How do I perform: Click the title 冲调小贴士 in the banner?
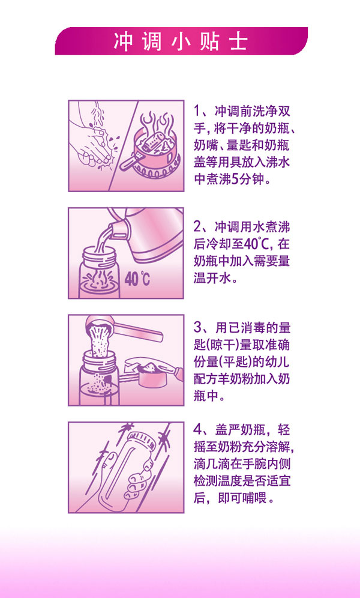coord(180,41)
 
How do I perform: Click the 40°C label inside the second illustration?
coord(137,279)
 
